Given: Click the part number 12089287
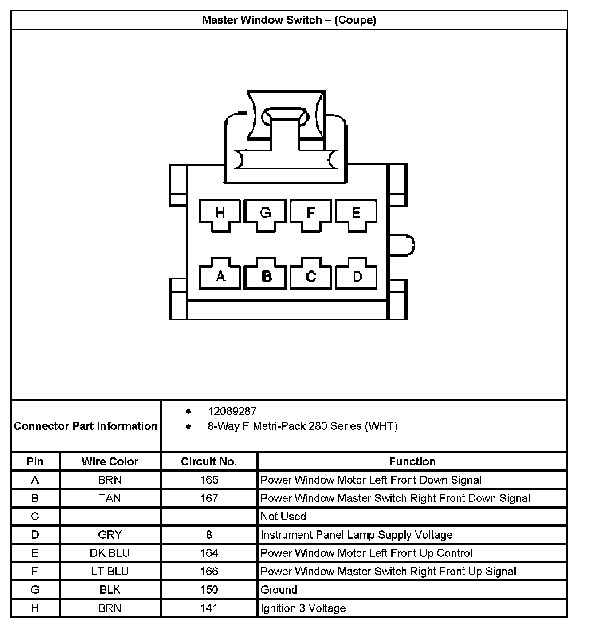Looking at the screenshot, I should [232, 411].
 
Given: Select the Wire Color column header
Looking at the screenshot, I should [110, 461].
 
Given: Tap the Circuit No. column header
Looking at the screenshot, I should [209, 461].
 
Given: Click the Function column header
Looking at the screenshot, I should [412, 461].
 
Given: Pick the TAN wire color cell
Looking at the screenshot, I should [110, 498].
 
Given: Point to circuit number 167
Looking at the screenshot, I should [209, 498].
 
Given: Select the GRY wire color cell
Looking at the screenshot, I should [110, 535].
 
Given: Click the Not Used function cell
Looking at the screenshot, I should [283, 517].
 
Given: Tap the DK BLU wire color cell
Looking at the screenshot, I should [110, 553].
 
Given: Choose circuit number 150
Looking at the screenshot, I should [209, 590].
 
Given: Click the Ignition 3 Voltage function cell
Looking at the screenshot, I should [303, 608].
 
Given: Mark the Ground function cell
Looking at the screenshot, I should [279, 590].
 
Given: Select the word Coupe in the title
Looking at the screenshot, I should [355, 20].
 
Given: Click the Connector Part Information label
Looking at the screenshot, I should [86, 426].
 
